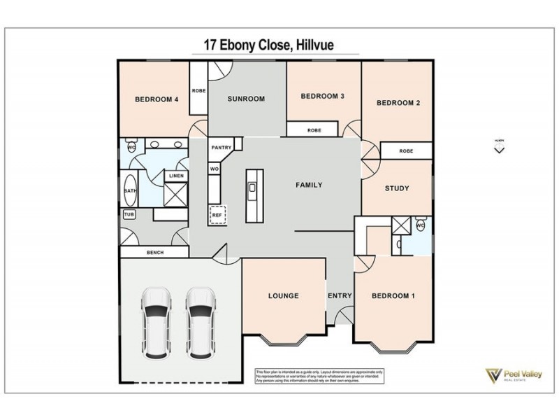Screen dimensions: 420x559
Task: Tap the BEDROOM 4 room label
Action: (x=157, y=99)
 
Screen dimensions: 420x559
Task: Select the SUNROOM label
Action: (x=246, y=99)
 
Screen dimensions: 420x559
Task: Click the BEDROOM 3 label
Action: (x=322, y=97)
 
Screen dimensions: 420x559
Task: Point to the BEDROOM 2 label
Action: (x=398, y=103)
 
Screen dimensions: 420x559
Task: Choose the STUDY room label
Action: (x=396, y=188)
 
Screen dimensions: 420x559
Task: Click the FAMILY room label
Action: (x=309, y=185)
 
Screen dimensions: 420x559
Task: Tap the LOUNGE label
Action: (x=283, y=295)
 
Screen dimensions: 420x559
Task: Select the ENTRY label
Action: (x=340, y=295)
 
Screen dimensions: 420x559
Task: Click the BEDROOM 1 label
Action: (x=393, y=295)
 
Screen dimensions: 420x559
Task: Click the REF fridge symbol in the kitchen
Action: (x=217, y=215)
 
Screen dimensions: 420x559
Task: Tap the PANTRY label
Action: (x=221, y=148)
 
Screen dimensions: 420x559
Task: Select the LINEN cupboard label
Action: (x=176, y=176)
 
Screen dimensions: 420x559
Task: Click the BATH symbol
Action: (x=130, y=190)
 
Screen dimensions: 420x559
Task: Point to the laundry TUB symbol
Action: (x=129, y=214)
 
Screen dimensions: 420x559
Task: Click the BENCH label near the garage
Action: (x=154, y=252)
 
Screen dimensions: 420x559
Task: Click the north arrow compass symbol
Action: (x=499, y=147)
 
